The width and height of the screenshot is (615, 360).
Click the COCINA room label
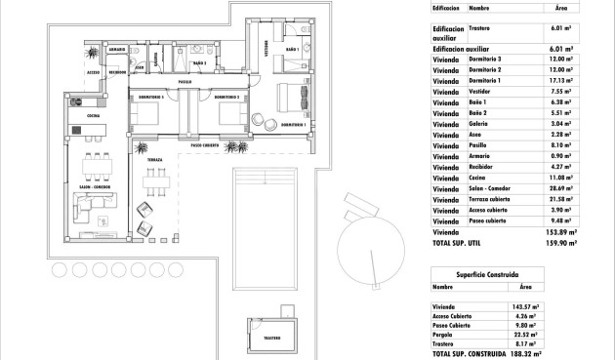pos(94,115)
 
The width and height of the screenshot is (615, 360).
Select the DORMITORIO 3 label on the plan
pos(149,97)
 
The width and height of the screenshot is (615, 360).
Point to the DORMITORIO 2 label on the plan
pos(226,97)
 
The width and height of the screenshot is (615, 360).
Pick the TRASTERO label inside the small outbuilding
pos(272,338)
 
